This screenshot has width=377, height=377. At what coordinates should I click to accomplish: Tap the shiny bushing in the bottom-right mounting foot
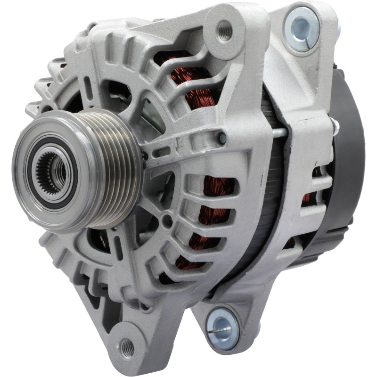coord(221,324)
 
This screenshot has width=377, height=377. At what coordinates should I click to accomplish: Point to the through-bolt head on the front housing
coord(221,138)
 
